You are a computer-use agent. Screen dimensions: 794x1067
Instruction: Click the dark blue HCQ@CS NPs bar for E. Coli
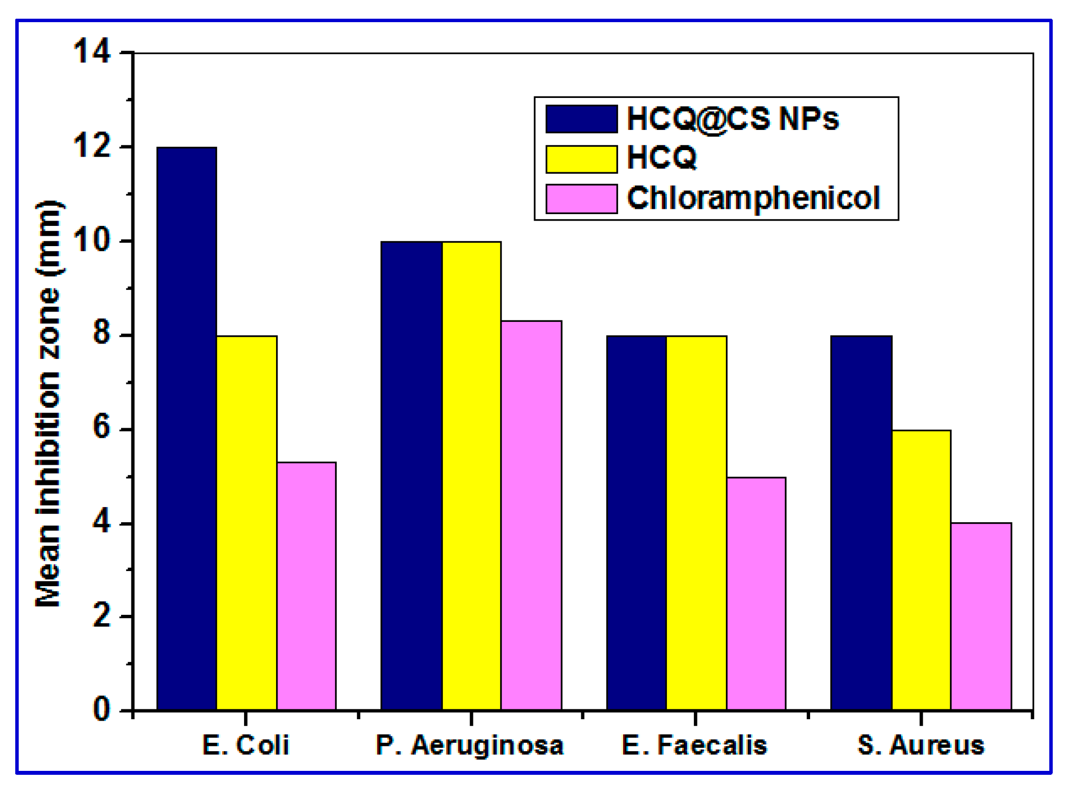[187, 428]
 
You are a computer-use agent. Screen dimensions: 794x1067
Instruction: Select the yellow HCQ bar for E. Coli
[247, 522]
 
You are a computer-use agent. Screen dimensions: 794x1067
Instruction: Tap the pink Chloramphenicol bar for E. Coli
[306, 586]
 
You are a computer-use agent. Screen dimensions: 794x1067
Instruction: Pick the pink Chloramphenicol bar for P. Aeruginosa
[531, 515]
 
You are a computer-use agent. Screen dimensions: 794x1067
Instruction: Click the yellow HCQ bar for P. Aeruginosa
[471, 476]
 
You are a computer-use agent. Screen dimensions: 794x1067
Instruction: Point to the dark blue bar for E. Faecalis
[636, 522]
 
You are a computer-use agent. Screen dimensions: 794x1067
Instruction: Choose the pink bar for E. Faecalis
[756, 593]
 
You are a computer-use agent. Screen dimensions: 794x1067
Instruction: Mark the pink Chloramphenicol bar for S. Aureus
[981, 616]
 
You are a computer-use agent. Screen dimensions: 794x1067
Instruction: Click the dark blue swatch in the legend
[581, 119]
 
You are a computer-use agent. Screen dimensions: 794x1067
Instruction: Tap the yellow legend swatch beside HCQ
[581, 159]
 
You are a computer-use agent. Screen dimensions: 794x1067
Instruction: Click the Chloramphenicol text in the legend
[753, 198]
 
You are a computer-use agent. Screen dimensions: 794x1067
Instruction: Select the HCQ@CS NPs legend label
[732, 119]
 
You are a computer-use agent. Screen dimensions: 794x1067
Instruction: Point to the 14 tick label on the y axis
[92, 51]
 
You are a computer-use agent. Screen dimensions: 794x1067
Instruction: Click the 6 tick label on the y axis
[101, 428]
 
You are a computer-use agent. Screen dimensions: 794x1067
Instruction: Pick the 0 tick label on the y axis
[101, 709]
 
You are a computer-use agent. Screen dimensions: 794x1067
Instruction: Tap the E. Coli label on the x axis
[246, 745]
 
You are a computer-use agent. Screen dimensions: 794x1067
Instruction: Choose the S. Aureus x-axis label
[920, 745]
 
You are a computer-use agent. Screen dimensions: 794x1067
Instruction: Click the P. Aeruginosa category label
[470, 745]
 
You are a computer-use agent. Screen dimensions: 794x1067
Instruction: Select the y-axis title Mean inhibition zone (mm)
[48, 404]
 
